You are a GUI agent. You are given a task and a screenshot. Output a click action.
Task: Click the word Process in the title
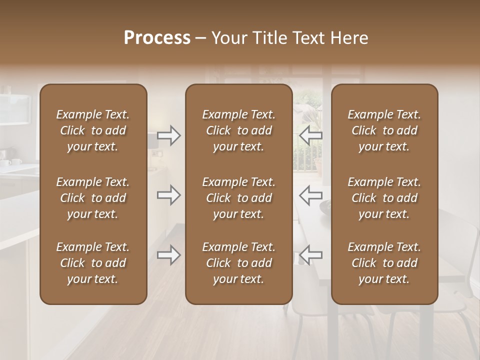coord(157,38)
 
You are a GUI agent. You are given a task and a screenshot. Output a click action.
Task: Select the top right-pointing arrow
coord(169,135)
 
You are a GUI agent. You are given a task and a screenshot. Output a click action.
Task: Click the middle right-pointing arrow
coord(169,195)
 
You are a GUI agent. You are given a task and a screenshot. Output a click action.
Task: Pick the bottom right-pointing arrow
coord(169,255)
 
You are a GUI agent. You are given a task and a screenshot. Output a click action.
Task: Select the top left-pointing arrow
coord(310,135)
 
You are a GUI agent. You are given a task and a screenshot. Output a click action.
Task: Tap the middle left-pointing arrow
coord(310,195)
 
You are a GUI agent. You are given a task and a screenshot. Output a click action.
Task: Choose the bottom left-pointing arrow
coord(310,255)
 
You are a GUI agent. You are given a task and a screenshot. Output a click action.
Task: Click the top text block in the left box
coord(93,130)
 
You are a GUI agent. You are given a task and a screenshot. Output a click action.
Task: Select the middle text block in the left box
coord(93,198)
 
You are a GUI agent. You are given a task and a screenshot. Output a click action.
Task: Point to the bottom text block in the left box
coord(93,263)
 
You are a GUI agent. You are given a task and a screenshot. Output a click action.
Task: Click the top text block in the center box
coord(238,130)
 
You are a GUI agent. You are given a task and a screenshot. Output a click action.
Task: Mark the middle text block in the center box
coord(238,198)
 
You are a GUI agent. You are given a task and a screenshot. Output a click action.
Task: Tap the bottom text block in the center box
coord(238,263)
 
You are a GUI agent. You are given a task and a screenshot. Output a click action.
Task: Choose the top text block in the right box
coord(384,130)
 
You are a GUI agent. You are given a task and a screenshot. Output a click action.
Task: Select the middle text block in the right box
coord(384,198)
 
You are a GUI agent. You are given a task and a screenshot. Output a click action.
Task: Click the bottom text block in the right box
coord(384,263)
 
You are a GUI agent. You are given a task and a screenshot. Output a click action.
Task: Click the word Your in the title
coord(228,38)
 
